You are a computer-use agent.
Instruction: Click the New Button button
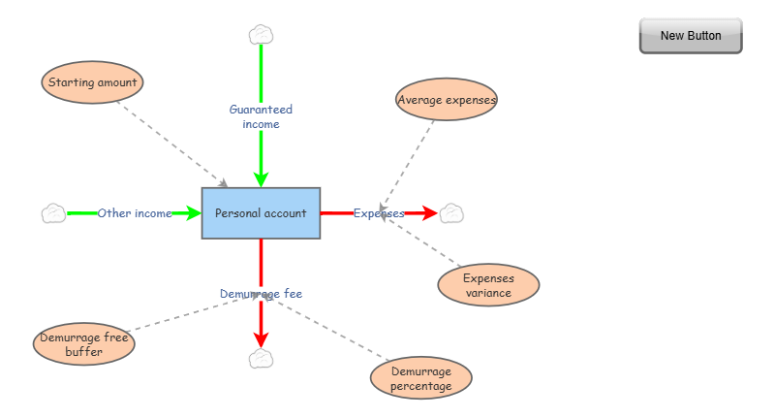(x=691, y=36)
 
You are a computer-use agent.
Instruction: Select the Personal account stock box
(x=261, y=213)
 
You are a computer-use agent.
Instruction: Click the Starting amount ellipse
(x=93, y=83)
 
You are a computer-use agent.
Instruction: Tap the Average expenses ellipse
(x=447, y=100)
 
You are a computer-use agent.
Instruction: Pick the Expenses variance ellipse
(x=488, y=285)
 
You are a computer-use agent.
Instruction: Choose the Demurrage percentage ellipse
(x=421, y=378)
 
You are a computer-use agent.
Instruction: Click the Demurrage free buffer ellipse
(x=83, y=345)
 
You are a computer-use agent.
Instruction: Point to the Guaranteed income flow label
(x=261, y=117)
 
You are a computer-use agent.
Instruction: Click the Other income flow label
(x=135, y=213)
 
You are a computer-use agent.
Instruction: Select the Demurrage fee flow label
(x=261, y=294)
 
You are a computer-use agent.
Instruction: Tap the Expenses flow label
(x=379, y=213)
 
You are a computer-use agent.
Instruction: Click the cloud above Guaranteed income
(x=261, y=36)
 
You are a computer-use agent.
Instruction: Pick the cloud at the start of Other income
(x=54, y=213)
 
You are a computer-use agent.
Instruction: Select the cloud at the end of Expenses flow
(x=451, y=213)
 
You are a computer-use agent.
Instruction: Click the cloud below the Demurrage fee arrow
(x=261, y=359)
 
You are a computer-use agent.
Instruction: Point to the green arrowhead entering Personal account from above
(x=261, y=178)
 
